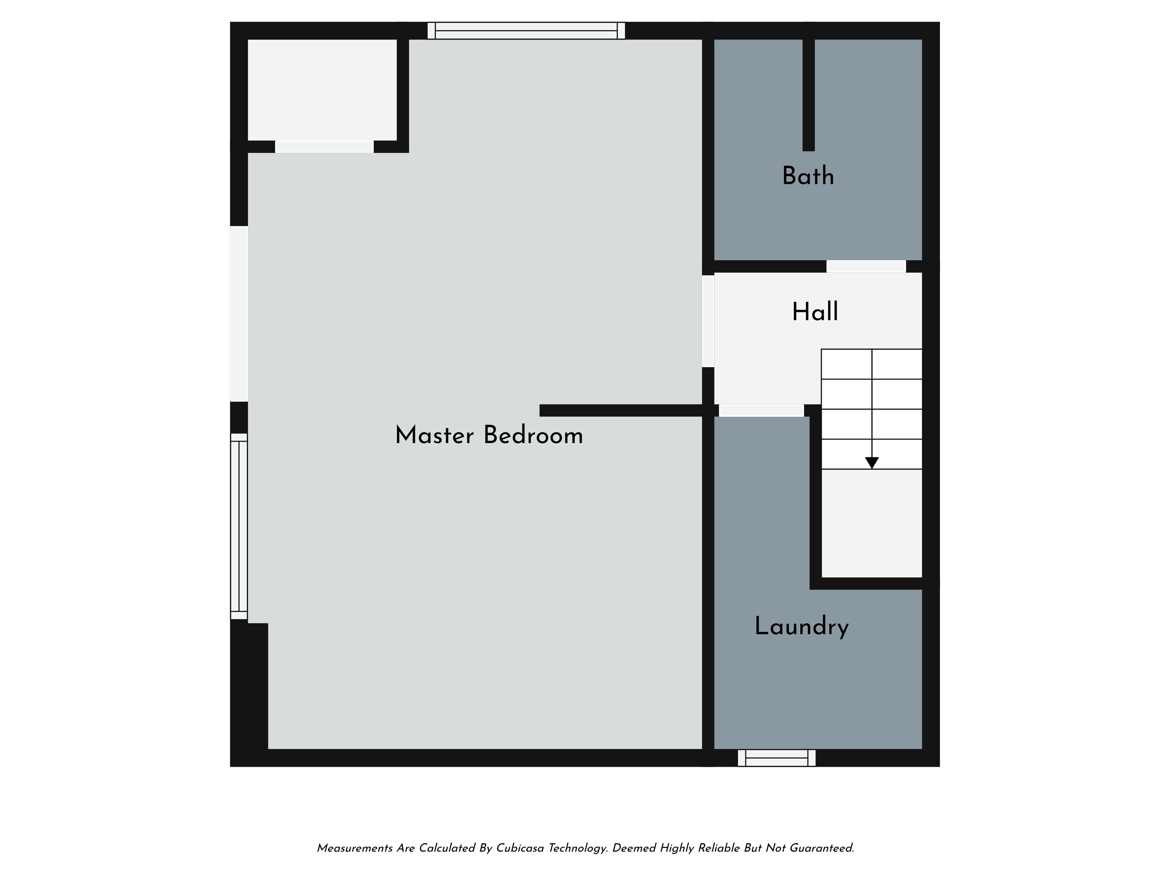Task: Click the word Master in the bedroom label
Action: click(434, 436)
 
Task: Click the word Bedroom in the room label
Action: click(533, 436)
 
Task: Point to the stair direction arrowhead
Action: click(872, 462)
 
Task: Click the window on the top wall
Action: click(526, 31)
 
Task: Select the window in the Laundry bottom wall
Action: click(776, 758)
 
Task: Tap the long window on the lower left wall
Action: click(239, 526)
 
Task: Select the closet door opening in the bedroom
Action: click(324, 147)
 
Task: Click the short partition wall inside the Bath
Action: click(808, 95)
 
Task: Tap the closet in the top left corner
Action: click(322, 90)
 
